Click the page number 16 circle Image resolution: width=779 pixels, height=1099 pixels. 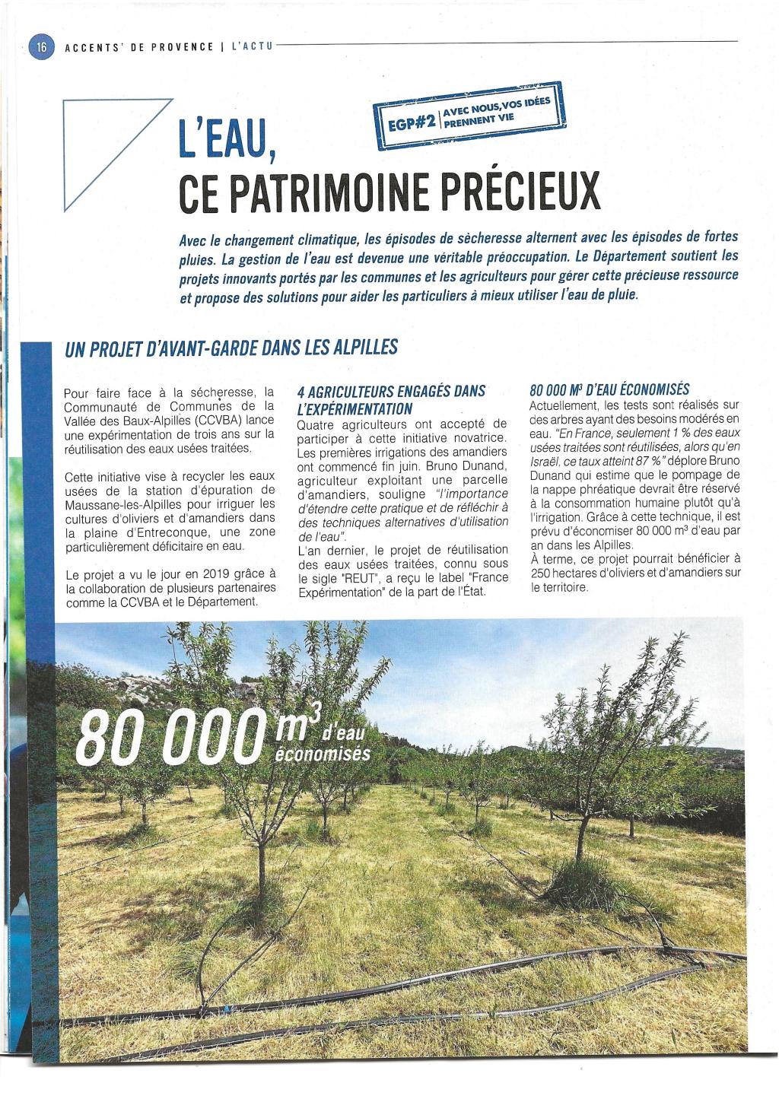point(39,46)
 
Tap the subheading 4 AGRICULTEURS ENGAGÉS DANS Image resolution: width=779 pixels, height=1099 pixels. point(391,392)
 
